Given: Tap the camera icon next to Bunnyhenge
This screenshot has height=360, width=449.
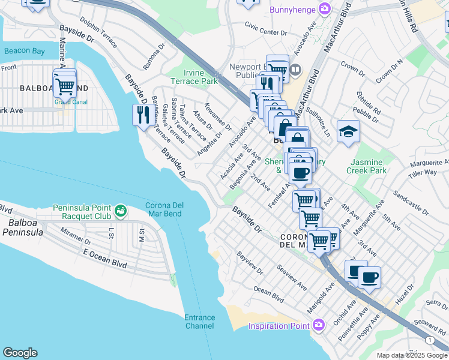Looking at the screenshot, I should [325, 8].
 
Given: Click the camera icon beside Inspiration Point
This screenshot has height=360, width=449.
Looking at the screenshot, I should [319, 326].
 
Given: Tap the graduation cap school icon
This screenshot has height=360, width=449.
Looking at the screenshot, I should [348, 131].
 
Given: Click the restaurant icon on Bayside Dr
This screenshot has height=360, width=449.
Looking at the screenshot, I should [142, 114].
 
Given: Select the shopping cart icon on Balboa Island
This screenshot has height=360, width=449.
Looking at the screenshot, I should [65, 86].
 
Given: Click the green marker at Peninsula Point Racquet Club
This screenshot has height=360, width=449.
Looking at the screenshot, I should [121, 211].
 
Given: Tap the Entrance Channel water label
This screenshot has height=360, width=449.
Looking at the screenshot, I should [199, 322].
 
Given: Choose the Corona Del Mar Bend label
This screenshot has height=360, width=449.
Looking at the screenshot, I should [164, 209].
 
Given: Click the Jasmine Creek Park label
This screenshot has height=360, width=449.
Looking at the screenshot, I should [366, 166].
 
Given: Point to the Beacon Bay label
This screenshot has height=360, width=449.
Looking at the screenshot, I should [24, 52].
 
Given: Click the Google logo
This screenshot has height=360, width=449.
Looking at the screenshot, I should [20, 353].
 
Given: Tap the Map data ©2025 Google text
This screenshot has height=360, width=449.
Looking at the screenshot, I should [411, 355].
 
